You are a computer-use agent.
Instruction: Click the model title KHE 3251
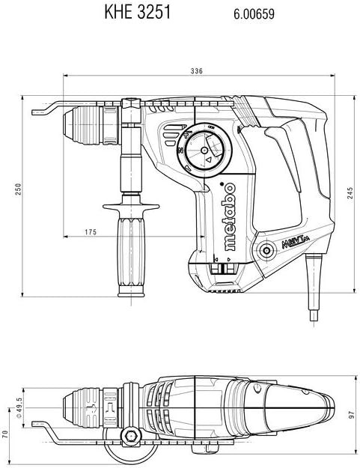137,13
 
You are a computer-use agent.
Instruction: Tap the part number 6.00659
254,14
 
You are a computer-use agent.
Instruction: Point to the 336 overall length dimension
197,71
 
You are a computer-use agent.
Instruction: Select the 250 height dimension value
18,189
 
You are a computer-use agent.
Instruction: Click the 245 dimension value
350,192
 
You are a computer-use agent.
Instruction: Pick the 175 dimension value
91,232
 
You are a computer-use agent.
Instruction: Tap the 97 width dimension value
352,414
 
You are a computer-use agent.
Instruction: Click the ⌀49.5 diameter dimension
19,407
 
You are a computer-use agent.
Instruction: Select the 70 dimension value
4,434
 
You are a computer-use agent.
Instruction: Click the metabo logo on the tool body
229,216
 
